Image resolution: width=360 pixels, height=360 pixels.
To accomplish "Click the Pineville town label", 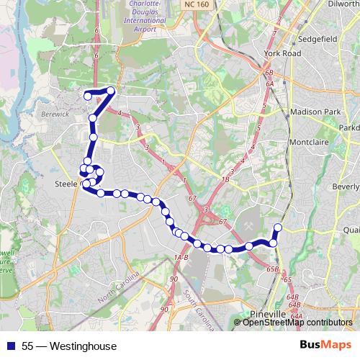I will tap(269, 315).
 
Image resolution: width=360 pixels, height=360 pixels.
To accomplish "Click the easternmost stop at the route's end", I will tap(277, 228).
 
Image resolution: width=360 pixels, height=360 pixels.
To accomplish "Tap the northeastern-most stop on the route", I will tap(111, 91).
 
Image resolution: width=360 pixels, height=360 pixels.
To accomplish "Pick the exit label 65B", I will tap(271, 269).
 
